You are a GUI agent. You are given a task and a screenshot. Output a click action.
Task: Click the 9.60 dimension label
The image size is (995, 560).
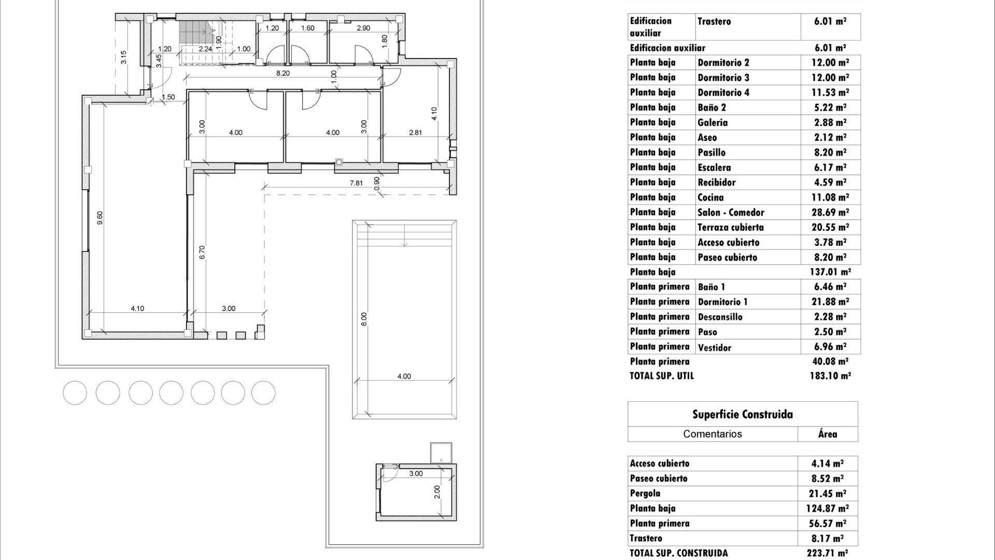(100, 218)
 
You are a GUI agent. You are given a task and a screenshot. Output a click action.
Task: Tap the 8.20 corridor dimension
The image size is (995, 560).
(282, 73)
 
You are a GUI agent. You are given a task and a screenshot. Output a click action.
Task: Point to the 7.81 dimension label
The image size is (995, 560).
(356, 183)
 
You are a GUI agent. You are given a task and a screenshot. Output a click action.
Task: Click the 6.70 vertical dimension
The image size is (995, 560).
(202, 252)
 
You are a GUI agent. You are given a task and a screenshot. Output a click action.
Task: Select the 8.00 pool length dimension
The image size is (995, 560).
(364, 319)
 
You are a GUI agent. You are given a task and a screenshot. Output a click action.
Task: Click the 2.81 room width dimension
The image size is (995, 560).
(415, 133)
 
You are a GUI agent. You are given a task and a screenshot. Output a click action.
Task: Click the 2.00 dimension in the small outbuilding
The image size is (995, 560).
(436, 492)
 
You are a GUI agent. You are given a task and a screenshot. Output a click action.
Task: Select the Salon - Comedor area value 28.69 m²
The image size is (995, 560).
(830, 212)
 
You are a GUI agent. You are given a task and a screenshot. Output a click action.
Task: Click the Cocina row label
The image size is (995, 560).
(710, 197)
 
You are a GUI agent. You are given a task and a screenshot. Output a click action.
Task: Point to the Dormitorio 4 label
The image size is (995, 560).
(723, 92)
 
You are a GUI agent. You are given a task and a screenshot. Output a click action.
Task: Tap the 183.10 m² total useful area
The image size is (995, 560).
(830, 376)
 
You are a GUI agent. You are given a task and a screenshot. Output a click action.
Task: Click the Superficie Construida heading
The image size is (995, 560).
(742, 414)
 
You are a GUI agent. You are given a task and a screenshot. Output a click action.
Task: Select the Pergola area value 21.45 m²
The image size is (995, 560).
(827, 494)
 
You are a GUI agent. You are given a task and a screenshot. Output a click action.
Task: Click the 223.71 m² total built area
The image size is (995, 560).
(827, 553)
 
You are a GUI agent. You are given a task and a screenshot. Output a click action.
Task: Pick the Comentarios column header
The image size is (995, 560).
(712, 434)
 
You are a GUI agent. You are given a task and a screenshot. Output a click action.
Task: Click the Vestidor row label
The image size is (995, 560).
(714, 347)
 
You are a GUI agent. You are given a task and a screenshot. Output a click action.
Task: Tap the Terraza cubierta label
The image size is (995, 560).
(730, 227)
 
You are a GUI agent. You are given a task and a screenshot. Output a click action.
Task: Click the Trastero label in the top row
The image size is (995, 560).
(714, 21)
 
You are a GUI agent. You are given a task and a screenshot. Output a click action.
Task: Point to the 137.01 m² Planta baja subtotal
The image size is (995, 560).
(830, 272)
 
